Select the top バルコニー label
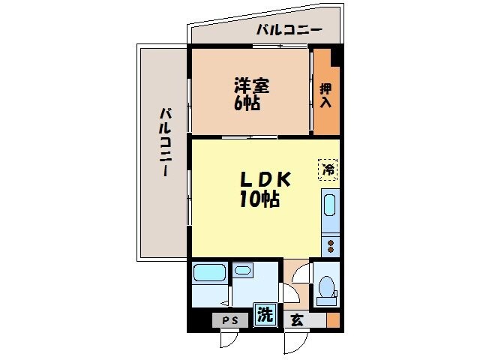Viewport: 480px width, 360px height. pyautogui.click(x=289, y=31)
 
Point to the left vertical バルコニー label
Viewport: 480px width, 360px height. pyautogui.click(x=163, y=142)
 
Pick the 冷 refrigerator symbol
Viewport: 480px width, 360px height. pyautogui.click(x=328, y=169)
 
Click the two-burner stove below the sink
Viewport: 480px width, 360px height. pyautogui.click(x=329, y=244)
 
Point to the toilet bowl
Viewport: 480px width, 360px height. pyautogui.click(x=325, y=287)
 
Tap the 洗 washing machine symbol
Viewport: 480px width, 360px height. pyautogui.click(x=264, y=315)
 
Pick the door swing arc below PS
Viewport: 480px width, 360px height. pyautogui.click(x=227, y=341)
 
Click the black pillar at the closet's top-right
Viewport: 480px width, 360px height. pyautogui.click(x=337, y=55)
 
